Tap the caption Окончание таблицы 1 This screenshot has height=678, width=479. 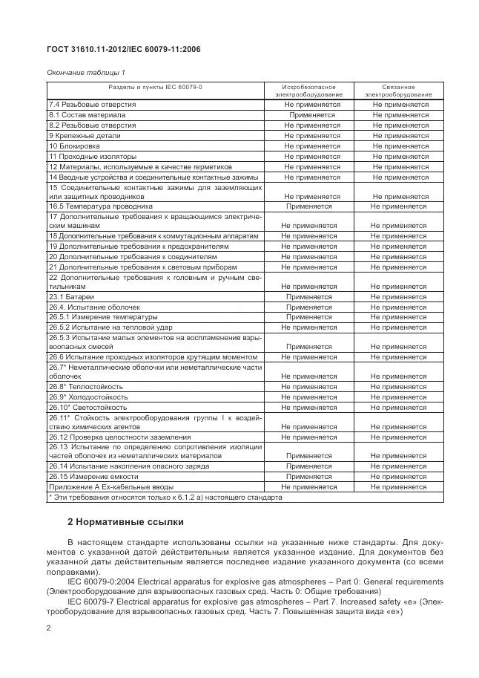pos(86,71)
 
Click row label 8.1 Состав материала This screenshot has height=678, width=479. pos(87,115)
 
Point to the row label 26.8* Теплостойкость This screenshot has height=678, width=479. pos(86,387)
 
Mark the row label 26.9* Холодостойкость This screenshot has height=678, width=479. pos(88,397)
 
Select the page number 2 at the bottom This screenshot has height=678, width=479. pos(48,629)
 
